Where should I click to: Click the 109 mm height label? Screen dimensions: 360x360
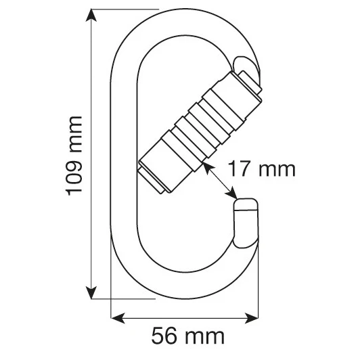coord(74,156)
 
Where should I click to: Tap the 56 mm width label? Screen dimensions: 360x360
coord(187,336)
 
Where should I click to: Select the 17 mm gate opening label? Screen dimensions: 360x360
coord(262,169)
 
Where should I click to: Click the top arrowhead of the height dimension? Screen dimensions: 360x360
coord(91,15)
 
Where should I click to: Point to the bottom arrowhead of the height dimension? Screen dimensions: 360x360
coord(91,292)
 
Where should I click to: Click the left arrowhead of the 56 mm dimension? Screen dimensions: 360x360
coord(118,318)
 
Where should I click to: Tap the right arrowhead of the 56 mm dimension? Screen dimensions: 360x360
coord(252,318)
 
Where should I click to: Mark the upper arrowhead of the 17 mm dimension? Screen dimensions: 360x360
coord(208,168)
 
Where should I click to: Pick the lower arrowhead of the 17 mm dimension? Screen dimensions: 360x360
coord(231,193)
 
